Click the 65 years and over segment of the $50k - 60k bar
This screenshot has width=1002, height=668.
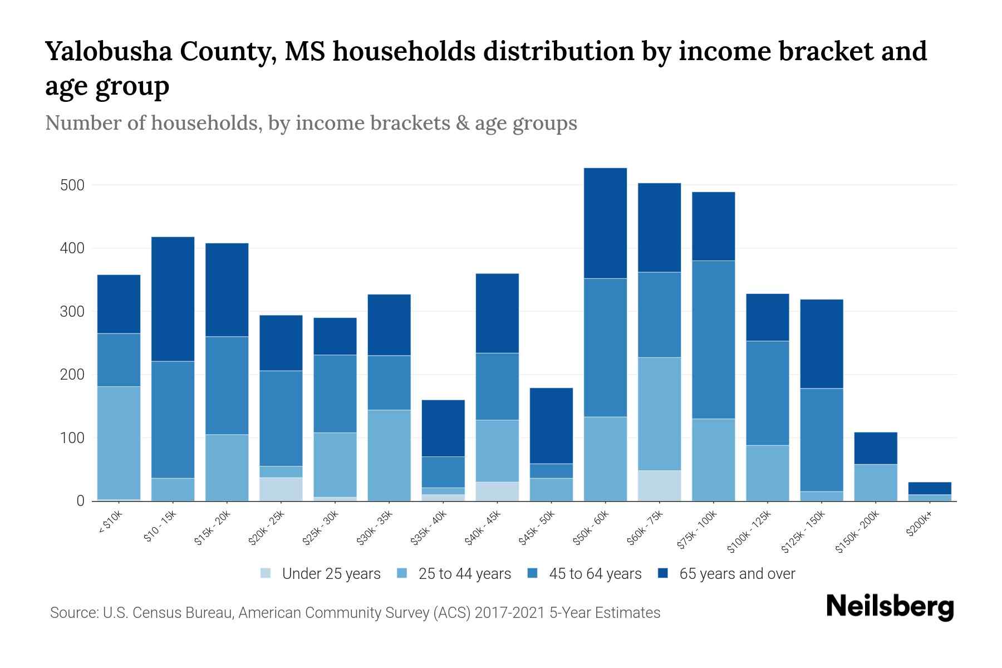(x=605, y=223)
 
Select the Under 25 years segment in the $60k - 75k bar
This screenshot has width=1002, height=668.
(x=659, y=485)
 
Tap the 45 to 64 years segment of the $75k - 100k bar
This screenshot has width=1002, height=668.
(x=713, y=340)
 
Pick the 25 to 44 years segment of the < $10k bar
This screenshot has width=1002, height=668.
(x=119, y=443)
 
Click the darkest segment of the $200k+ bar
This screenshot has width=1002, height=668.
(x=930, y=488)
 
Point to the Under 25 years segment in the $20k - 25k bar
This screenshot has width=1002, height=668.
(x=281, y=489)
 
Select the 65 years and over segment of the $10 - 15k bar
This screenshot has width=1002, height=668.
(x=173, y=299)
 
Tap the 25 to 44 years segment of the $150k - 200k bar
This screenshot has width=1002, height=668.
(x=876, y=482)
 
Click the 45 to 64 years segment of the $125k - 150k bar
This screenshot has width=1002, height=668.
(x=822, y=440)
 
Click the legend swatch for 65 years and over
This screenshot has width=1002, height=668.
(x=663, y=573)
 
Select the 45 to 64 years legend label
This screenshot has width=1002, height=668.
(x=595, y=574)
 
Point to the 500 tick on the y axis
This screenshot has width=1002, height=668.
(x=72, y=185)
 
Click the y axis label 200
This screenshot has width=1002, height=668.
(x=72, y=375)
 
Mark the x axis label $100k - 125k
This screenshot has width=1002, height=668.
(x=749, y=531)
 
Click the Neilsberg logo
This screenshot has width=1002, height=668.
(x=890, y=607)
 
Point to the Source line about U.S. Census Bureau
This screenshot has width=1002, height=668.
(x=355, y=613)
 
